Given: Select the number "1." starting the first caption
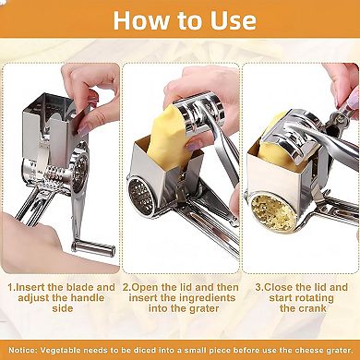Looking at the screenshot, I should [13, 287].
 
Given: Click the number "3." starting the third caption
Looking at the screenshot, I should [259, 287].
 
